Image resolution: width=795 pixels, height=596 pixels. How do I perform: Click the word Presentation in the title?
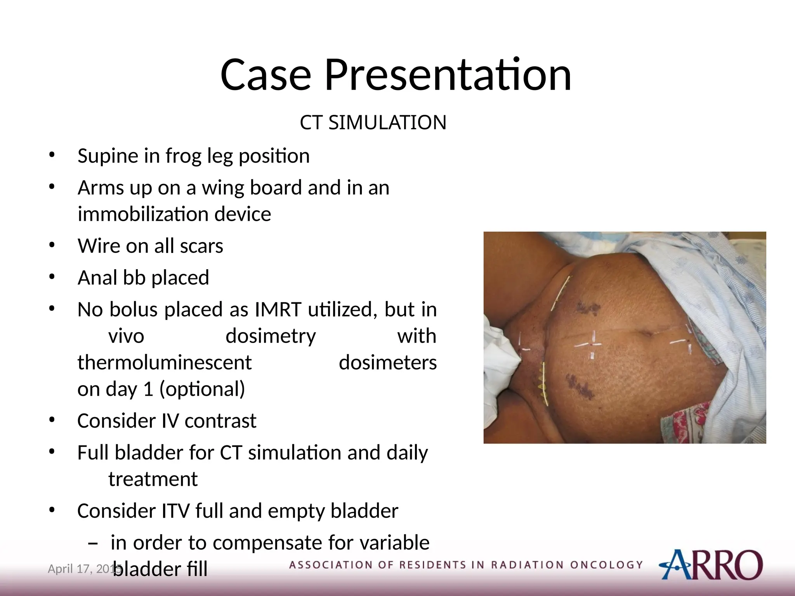[x=447, y=74]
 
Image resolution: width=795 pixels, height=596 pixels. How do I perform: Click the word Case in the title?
[x=266, y=74]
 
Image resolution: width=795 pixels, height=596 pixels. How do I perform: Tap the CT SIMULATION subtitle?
[x=373, y=123]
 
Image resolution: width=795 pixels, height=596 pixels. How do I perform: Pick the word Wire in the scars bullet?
[x=98, y=246]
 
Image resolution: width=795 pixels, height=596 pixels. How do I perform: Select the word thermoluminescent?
[x=165, y=363]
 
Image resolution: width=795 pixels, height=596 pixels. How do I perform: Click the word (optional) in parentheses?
[x=202, y=389]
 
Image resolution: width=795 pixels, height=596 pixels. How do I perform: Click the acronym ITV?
[x=175, y=511]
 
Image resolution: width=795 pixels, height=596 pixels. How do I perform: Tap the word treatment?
[x=153, y=479]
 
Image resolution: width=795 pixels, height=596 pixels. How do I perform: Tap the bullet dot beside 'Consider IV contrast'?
[x=52, y=421]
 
